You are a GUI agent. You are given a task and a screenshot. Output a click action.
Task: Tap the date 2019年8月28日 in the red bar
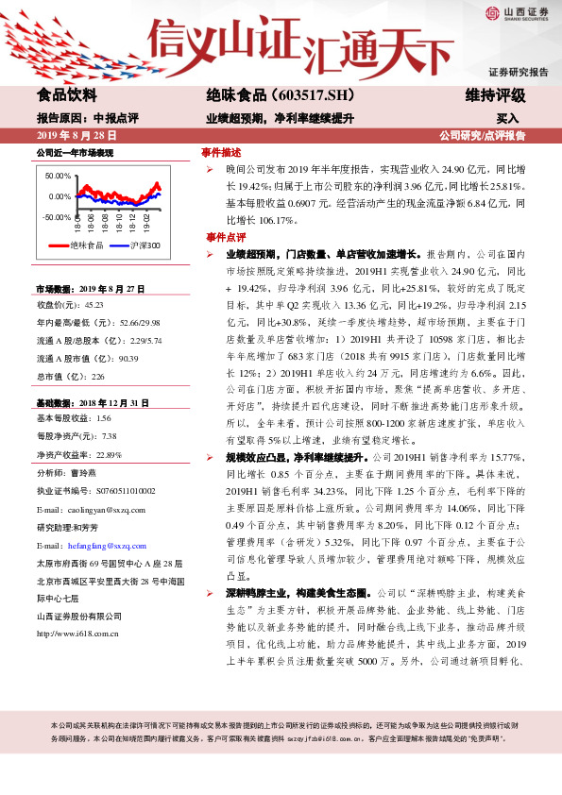coord(77,136)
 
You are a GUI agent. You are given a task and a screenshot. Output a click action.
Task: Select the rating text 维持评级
coord(495,95)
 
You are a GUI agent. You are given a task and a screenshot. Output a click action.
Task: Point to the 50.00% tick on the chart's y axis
coord(57,176)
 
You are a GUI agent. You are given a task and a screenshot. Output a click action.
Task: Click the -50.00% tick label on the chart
coord(55,217)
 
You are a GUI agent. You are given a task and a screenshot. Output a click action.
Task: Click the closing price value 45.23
coord(94,305)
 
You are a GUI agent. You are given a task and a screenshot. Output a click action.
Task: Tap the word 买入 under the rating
coord(507,119)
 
